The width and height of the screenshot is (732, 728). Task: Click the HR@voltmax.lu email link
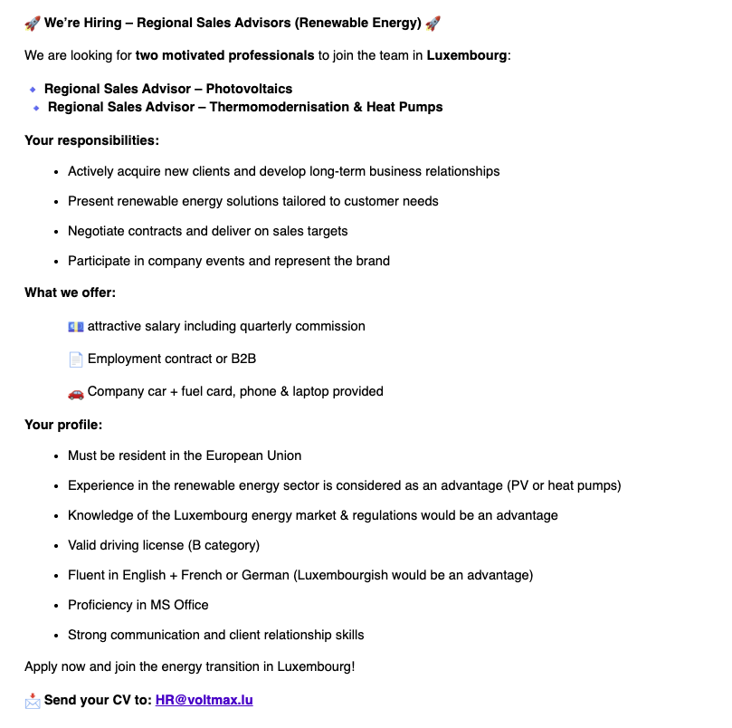tap(204, 700)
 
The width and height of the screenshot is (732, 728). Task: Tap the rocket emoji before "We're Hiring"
tap(33, 23)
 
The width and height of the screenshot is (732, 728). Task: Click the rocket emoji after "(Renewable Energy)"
tap(433, 23)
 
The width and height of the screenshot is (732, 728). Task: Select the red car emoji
tap(76, 392)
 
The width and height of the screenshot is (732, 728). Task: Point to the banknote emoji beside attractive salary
tap(76, 326)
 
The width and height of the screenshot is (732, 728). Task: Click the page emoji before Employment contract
tap(76, 359)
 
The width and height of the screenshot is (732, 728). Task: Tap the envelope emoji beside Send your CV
tap(33, 700)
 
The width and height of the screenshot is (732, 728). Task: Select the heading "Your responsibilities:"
tap(91, 140)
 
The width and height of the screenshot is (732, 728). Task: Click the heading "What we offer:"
tap(70, 292)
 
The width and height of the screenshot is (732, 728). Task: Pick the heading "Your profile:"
tap(63, 424)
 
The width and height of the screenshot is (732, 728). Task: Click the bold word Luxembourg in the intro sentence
tap(467, 55)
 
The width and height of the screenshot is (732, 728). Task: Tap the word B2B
tap(243, 359)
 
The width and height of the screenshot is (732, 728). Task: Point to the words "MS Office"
tap(179, 605)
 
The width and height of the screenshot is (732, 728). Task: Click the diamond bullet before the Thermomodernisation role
tap(36, 108)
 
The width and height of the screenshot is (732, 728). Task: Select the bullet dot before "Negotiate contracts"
tap(56, 232)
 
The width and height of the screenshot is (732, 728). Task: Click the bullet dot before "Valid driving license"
tap(56, 546)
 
